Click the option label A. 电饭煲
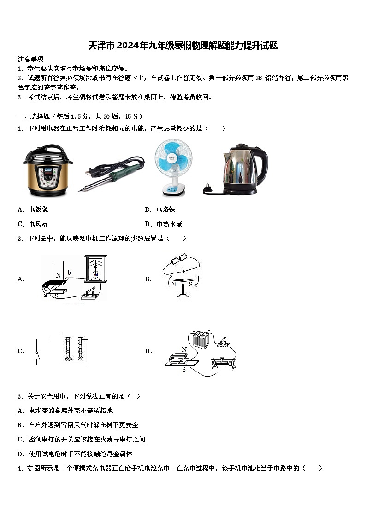click(x=33, y=209)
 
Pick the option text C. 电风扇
click(x=33, y=224)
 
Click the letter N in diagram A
click(x=58, y=276)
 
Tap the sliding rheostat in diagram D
click(x=224, y=362)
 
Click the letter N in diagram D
click(x=184, y=349)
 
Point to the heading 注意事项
click(x=31, y=59)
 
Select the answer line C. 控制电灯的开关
click(x=81, y=439)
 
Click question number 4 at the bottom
click(x=20, y=468)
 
